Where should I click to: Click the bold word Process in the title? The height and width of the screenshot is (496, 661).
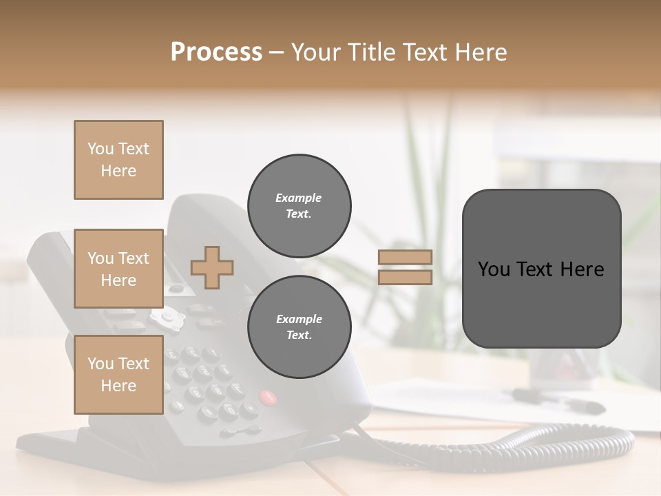click(x=216, y=52)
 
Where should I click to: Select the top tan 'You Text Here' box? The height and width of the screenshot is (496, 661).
click(x=118, y=160)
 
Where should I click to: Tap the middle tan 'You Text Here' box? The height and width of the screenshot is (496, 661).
click(x=118, y=269)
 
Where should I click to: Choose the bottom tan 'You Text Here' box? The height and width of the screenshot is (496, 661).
click(x=118, y=375)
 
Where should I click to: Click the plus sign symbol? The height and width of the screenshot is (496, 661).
click(x=212, y=267)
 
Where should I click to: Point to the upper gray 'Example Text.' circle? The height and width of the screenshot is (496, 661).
click(x=299, y=205)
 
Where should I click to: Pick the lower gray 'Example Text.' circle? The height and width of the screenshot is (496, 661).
click(x=299, y=327)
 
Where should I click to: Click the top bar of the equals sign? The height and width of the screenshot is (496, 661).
click(x=405, y=258)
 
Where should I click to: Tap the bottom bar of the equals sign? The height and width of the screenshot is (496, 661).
click(x=405, y=277)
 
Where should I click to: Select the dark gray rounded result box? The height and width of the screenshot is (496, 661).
click(x=541, y=269)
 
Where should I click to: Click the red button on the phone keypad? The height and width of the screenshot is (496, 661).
click(x=267, y=397)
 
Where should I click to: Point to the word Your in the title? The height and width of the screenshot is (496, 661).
click(x=314, y=52)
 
